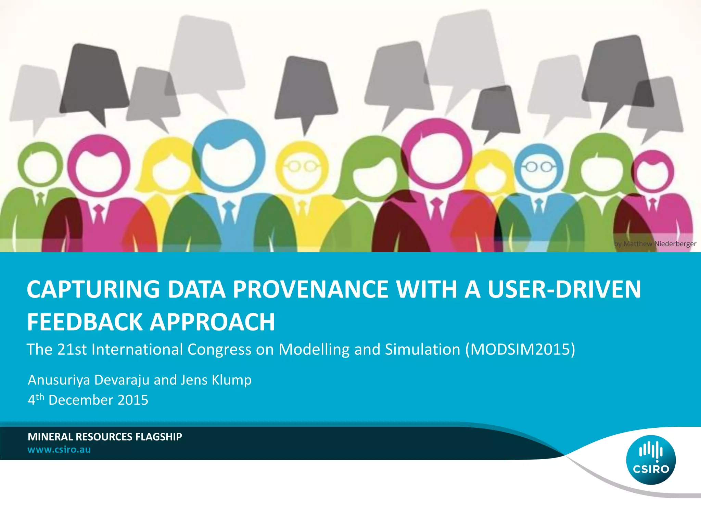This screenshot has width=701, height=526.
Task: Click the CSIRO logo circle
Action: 651,460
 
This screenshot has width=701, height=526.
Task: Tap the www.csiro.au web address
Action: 59,450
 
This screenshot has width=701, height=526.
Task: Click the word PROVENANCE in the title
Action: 310,289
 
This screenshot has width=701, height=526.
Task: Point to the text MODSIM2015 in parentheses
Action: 520,350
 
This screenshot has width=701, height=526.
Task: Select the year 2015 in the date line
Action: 133,400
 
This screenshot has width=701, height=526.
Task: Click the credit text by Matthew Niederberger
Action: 655,244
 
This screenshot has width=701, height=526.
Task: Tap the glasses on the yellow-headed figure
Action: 302,167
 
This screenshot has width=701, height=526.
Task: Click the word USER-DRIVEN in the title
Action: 564,289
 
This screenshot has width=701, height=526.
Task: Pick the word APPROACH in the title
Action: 213,322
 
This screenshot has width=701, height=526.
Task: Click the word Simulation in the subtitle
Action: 422,350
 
